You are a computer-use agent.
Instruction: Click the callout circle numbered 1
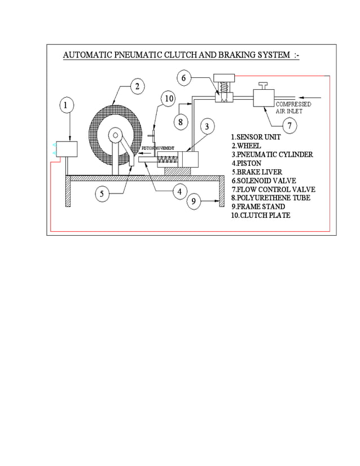(x=67, y=105)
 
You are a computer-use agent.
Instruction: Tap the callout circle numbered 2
(x=137, y=86)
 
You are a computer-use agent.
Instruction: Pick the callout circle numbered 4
(x=179, y=192)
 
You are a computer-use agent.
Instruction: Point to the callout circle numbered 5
(x=102, y=194)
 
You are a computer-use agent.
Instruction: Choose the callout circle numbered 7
(x=289, y=125)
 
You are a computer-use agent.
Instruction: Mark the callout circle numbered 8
(x=180, y=121)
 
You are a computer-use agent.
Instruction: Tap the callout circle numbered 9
(x=194, y=201)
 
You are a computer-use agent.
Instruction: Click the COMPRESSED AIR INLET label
(x=293, y=108)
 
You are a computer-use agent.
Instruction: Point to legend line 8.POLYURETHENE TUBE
(x=270, y=198)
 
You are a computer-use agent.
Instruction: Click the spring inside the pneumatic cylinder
(x=168, y=160)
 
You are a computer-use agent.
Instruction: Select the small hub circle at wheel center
(x=116, y=135)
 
